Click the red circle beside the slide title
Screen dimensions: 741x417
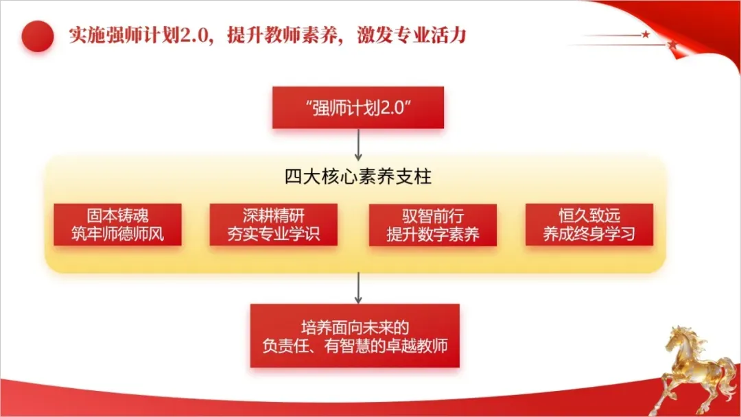point(38,36)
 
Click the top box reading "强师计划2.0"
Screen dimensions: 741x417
point(357,108)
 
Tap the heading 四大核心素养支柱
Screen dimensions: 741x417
point(357,177)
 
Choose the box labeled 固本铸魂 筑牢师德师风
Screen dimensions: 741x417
point(117,224)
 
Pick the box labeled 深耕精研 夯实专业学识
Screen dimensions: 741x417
point(274,224)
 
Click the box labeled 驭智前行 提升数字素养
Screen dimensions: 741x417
point(432,224)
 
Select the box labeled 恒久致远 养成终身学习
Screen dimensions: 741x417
point(589,224)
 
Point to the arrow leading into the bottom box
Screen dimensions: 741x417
point(357,288)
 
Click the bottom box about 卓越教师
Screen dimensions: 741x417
point(355,335)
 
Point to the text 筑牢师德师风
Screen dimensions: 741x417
point(117,234)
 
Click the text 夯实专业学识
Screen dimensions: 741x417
point(274,234)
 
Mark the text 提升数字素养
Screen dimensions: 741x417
point(432,234)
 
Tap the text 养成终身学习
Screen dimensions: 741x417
point(589,234)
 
